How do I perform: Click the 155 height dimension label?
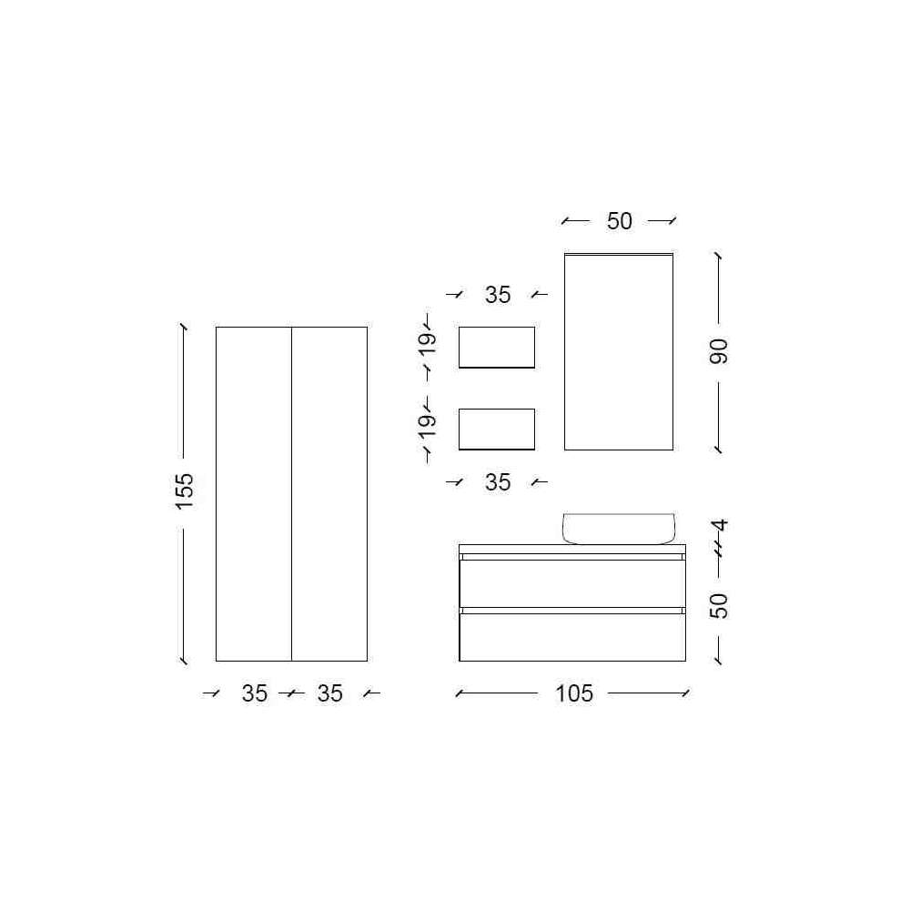(184, 491)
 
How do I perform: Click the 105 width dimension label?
(574, 693)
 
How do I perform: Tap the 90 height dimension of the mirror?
(719, 351)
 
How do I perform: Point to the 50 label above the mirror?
(619, 221)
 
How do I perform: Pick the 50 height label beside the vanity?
(719, 606)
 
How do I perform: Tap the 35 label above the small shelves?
(498, 295)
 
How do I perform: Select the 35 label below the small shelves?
(498, 482)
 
